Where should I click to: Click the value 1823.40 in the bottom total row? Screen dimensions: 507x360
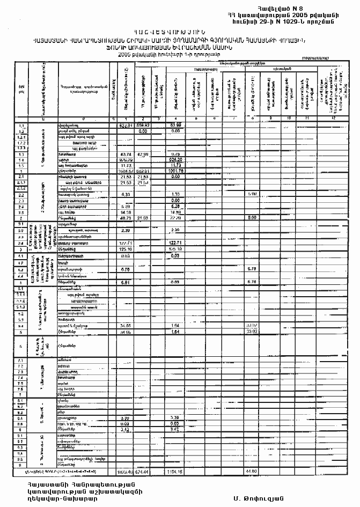coord(124,472)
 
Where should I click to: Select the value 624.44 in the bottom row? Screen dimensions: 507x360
coord(143,472)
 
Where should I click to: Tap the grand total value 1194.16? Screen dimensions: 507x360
coord(176,472)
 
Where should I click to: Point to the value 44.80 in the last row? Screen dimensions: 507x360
coord(251,472)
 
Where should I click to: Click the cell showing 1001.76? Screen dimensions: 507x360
coord(176,171)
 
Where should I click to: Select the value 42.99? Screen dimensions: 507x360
coord(143,154)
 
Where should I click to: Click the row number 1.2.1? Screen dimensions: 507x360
coord(23,136)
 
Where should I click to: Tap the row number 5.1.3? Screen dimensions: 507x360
coord(23,307)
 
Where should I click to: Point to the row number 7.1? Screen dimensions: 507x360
coord(22,360)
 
